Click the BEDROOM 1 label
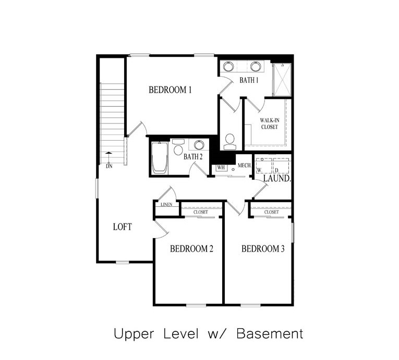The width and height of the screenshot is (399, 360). pyautogui.click(x=170, y=90)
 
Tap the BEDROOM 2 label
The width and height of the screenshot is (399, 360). pyautogui.click(x=191, y=249)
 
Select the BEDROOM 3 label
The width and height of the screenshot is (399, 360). pyautogui.click(x=263, y=249)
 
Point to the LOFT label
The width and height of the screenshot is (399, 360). pyautogui.click(x=123, y=227)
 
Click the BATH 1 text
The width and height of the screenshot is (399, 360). pyautogui.click(x=249, y=80)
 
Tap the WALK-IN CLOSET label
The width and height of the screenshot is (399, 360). pyautogui.click(x=269, y=123)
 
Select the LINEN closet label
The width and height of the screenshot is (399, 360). pyautogui.click(x=166, y=205)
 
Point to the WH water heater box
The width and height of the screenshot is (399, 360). pyautogui.click(x=221, y=167)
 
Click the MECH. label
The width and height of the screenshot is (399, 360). pyautogui.click(x=245, y=166)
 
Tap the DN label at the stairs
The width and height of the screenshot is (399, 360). pyautogui.click(x=109, y=166)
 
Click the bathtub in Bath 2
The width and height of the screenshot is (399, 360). pyautogui.click(x=159, y=157)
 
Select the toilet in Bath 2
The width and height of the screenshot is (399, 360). pyautogui.click(x=178, y=149)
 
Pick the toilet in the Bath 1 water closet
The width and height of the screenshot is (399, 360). pyautogui.click(x=229, y=141)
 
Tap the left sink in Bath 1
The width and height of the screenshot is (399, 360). pyautogui.click(x=228, y=66)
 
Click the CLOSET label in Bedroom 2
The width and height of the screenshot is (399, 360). pyautogui.click(x=200, y=212)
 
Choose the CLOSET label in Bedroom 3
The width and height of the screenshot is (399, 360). pyautogui.click(x=271, y=212)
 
